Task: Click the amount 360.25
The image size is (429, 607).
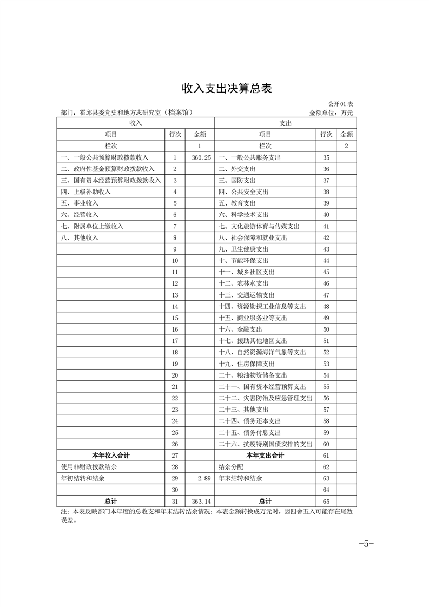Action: pos(200,157)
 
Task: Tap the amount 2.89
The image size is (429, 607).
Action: pos(203,479)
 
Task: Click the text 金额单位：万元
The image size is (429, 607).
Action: pos(331,113)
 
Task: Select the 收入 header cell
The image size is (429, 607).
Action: pos(136,123)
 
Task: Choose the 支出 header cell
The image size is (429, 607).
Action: pos(286,123)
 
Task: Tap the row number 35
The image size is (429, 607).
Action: pos(326,157)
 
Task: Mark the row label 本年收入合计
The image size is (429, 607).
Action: pos(111,456)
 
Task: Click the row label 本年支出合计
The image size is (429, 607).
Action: pos(265,456)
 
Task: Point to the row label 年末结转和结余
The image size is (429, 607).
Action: pos(240,479)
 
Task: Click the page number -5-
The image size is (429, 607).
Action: pos(366,544)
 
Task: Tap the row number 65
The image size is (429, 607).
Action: pos(326,502)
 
